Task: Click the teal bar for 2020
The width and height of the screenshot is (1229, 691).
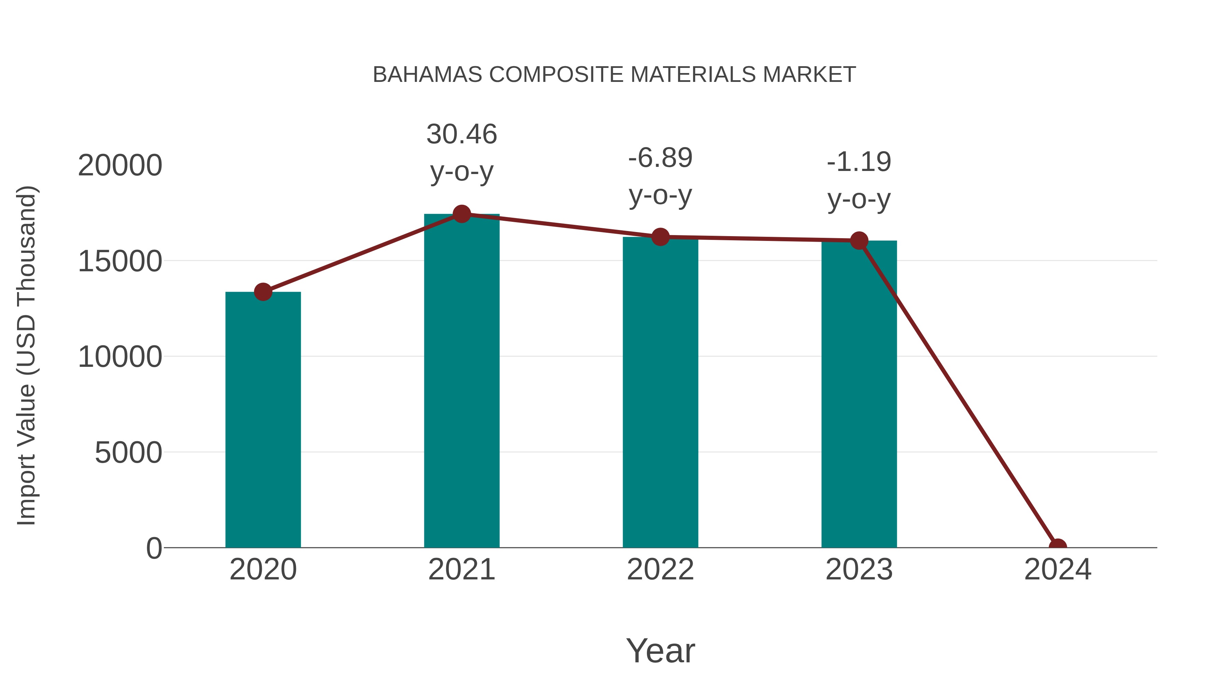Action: pos(263,420)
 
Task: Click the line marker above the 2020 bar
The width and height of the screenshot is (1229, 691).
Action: pos(263,292)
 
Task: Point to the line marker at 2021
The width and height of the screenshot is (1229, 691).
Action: pos(461,214)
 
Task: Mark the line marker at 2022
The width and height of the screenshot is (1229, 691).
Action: pos(660,236)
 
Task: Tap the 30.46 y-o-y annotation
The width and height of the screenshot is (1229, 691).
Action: pos(461,152)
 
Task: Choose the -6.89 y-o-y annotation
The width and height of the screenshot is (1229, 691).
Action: pos(660,176)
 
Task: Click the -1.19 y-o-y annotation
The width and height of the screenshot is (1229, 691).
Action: pos(859,180)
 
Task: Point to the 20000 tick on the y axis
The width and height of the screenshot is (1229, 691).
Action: pos(120,165)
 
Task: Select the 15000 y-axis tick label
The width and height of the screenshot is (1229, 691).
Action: pos(120,261)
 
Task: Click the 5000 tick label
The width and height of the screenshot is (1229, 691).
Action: pos(128,452)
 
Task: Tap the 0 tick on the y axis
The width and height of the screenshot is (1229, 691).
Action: pos(154,548)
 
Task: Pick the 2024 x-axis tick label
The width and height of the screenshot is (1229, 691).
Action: pos(1058,570)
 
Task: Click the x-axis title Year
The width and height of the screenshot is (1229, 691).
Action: pos(660,650)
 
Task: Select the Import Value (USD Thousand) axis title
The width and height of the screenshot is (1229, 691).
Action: pos(26,355)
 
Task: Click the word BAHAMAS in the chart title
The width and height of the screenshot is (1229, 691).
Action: pos(427,74)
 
